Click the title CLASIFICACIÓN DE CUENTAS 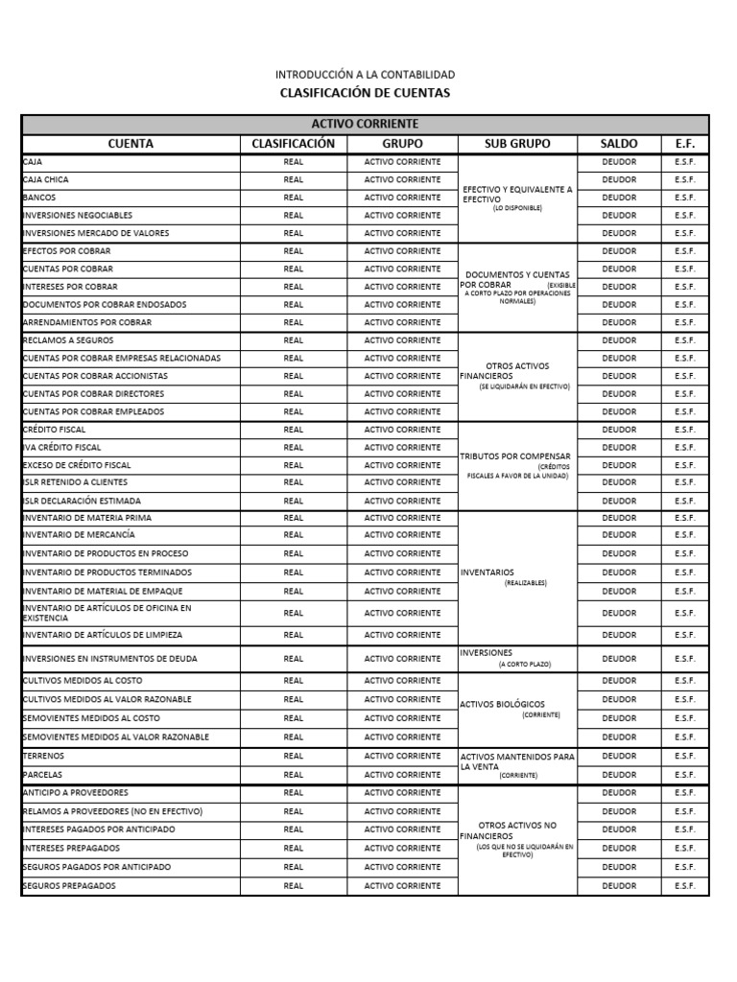364,93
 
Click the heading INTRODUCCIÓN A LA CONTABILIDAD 365,74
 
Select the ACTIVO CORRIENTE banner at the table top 365,125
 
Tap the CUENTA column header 131,144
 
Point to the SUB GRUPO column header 517,144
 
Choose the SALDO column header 618,144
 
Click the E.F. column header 684,144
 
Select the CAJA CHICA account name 46,179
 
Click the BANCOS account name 39,198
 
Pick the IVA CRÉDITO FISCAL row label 61,447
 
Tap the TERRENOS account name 43,756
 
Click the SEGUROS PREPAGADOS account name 69,886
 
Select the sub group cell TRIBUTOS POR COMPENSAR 515,456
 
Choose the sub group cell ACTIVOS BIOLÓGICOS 502,705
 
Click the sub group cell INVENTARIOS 487,573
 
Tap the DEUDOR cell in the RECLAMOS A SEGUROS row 618,340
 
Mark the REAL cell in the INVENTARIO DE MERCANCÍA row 293,535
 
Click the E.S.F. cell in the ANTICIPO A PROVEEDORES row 684,793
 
